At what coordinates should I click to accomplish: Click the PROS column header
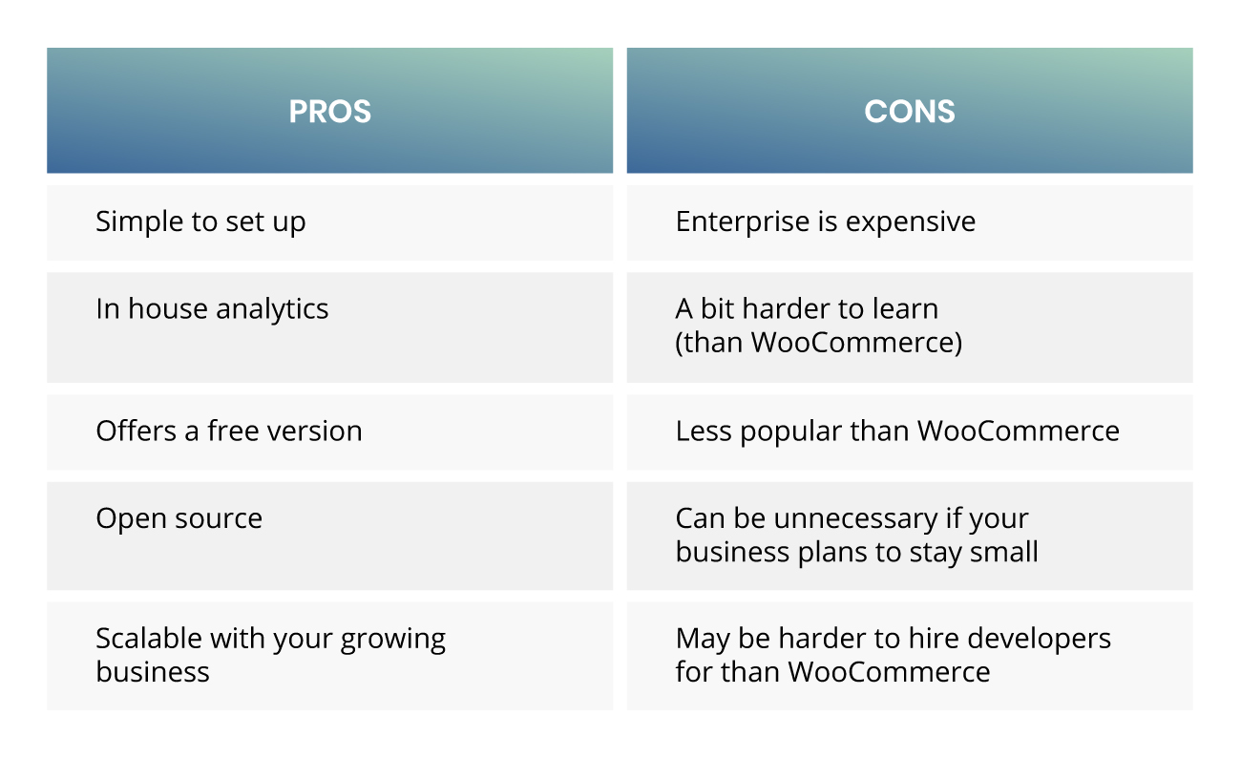(329, 111)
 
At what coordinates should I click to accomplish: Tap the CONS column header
(910, 111)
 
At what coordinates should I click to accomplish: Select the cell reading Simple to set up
(329, 222)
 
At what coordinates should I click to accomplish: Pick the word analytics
(272, 309)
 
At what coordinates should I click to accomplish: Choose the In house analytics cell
(329, 327)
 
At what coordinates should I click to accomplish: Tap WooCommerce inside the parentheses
(852, 343)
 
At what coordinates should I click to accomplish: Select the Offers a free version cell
(329, 432)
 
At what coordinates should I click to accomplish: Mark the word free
(233, 431)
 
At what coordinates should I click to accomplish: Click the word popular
(790, 432)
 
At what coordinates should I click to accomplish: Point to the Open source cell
(329, 536)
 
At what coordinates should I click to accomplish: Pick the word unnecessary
(855, 519)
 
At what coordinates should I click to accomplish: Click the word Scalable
(148, 639)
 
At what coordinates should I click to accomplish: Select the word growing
(392, 640)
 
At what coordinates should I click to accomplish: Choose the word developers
(1039, 640)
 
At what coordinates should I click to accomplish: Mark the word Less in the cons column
(704, 432)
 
